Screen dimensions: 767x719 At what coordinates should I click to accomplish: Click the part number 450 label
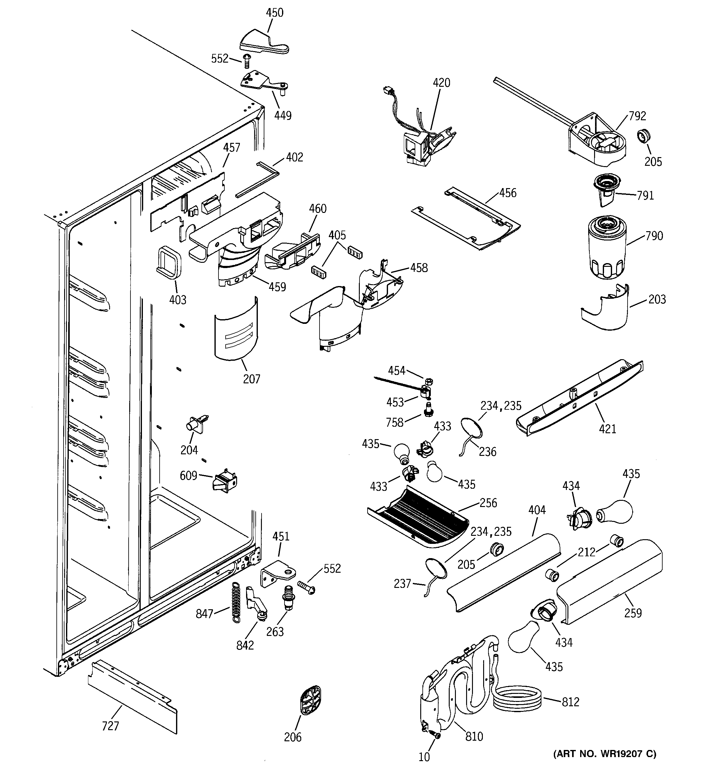274,13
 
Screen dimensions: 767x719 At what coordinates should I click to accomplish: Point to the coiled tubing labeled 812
517,699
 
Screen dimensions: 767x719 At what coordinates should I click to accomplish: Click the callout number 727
110,726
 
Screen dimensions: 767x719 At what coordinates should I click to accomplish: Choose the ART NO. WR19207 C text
604,753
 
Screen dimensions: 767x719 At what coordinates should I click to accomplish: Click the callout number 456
508,193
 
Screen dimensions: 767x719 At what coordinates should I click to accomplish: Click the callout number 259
633,613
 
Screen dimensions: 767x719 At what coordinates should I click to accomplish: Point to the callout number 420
441,82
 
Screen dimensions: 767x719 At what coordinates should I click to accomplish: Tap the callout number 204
189,450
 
